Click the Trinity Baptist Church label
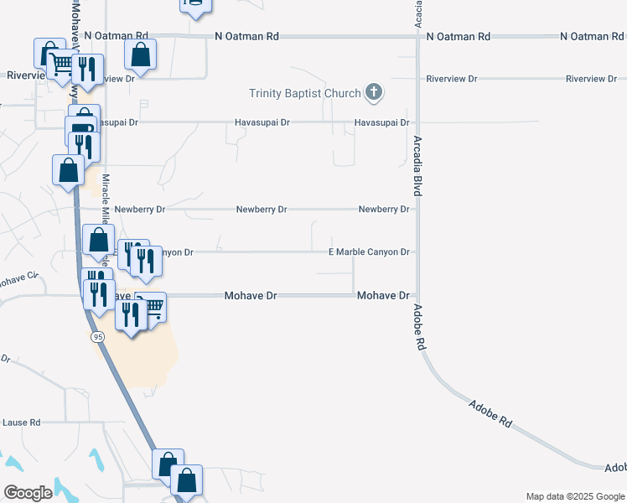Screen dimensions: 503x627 304,93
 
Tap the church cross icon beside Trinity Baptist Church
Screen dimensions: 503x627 374,93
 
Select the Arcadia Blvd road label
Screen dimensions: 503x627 417,167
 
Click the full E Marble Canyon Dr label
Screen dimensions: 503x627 370,251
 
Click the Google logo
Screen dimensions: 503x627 28,493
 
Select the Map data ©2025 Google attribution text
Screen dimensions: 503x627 574,496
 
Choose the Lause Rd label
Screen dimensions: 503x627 22,423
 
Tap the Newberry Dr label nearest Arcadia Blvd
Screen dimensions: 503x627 383,209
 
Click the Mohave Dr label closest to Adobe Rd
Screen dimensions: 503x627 382,296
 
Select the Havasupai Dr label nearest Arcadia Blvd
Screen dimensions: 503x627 381,122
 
